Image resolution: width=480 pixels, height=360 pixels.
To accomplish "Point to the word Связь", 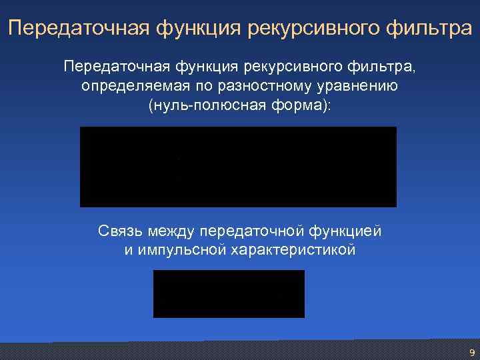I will pyautogui.click(x=121, y=231).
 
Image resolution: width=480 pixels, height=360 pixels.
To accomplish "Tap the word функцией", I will pyautogui.click(x=345, y=231).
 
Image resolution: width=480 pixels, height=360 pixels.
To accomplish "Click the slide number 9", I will pyautogui.click(x=472, y=353).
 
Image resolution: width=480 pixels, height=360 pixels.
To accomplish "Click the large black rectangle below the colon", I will pyautogui.click(x=238, y=167).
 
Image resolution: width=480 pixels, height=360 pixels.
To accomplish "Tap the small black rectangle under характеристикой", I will pyautogui.click(x=229, y=294).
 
